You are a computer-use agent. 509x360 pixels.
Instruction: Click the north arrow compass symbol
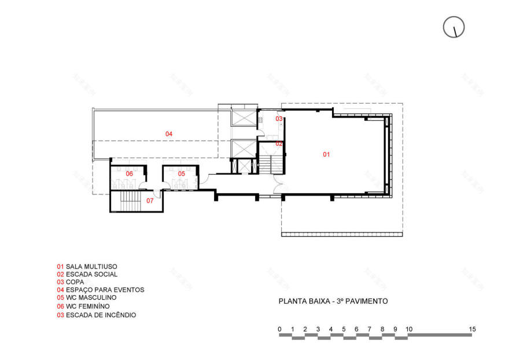454,27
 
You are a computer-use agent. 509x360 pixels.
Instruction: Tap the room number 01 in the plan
326,154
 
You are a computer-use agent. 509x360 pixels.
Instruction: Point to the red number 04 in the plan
169,134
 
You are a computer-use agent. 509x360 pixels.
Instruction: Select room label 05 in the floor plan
181,174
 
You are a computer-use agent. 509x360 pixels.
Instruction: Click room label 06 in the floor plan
130,174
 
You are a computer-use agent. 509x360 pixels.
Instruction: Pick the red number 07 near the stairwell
150,201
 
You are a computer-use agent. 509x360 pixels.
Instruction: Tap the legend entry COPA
70,282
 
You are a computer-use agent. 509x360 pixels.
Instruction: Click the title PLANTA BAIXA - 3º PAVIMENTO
333,301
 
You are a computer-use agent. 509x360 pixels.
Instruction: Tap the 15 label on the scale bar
473,329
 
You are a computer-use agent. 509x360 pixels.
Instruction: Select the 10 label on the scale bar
409,329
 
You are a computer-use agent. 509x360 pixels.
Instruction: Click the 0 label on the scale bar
279,329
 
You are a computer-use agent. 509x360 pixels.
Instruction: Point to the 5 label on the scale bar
344,329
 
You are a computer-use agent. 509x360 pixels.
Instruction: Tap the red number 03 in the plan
279,119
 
